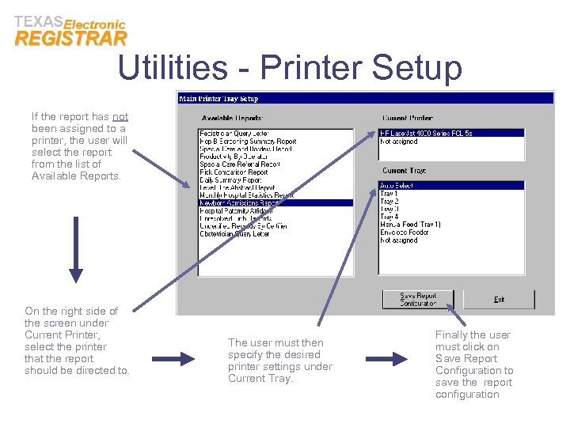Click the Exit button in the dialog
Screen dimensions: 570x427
click(x=500, y=299)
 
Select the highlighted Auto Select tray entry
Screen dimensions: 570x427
click(x=397, y=186)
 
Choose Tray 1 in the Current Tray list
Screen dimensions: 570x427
click(x=389, y=194)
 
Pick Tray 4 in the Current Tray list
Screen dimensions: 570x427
click(x=389, y=217)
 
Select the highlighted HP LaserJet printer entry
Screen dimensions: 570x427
click(x=426, y=134)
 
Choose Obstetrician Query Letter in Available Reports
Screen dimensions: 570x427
click(x=234, y=234)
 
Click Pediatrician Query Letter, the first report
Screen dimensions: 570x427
click(x=234, y=134)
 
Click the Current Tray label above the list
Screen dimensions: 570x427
click(x=405, y=171)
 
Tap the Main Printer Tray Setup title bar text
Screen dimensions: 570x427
click(x=218, y=99)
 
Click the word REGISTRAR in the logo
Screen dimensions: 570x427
click(x=70, y=39)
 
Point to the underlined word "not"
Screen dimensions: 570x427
click(x=120, y=116)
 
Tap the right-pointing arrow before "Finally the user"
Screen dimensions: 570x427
click(x=387, y=359)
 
